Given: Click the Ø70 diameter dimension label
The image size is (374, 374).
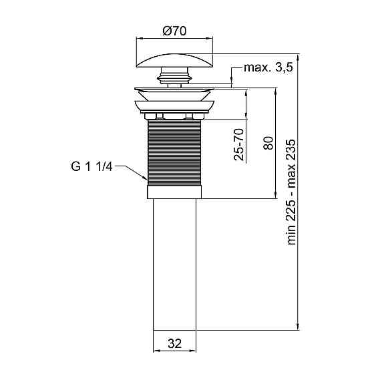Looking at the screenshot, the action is click(174, 31).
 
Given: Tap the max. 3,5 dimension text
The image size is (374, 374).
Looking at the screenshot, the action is click(268, 67).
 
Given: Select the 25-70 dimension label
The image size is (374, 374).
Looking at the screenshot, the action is click(239, 144).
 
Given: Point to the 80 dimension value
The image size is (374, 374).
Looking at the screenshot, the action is click(268, 143).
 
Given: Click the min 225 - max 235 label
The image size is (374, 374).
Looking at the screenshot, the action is click(291, 192).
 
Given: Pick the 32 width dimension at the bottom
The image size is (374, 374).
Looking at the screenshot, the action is click(174, 344).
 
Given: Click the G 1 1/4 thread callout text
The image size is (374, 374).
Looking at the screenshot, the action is click(91, 166).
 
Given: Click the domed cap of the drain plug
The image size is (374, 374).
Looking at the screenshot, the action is click(174, 61).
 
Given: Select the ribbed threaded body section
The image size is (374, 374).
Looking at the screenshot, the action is click(174, 153).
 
